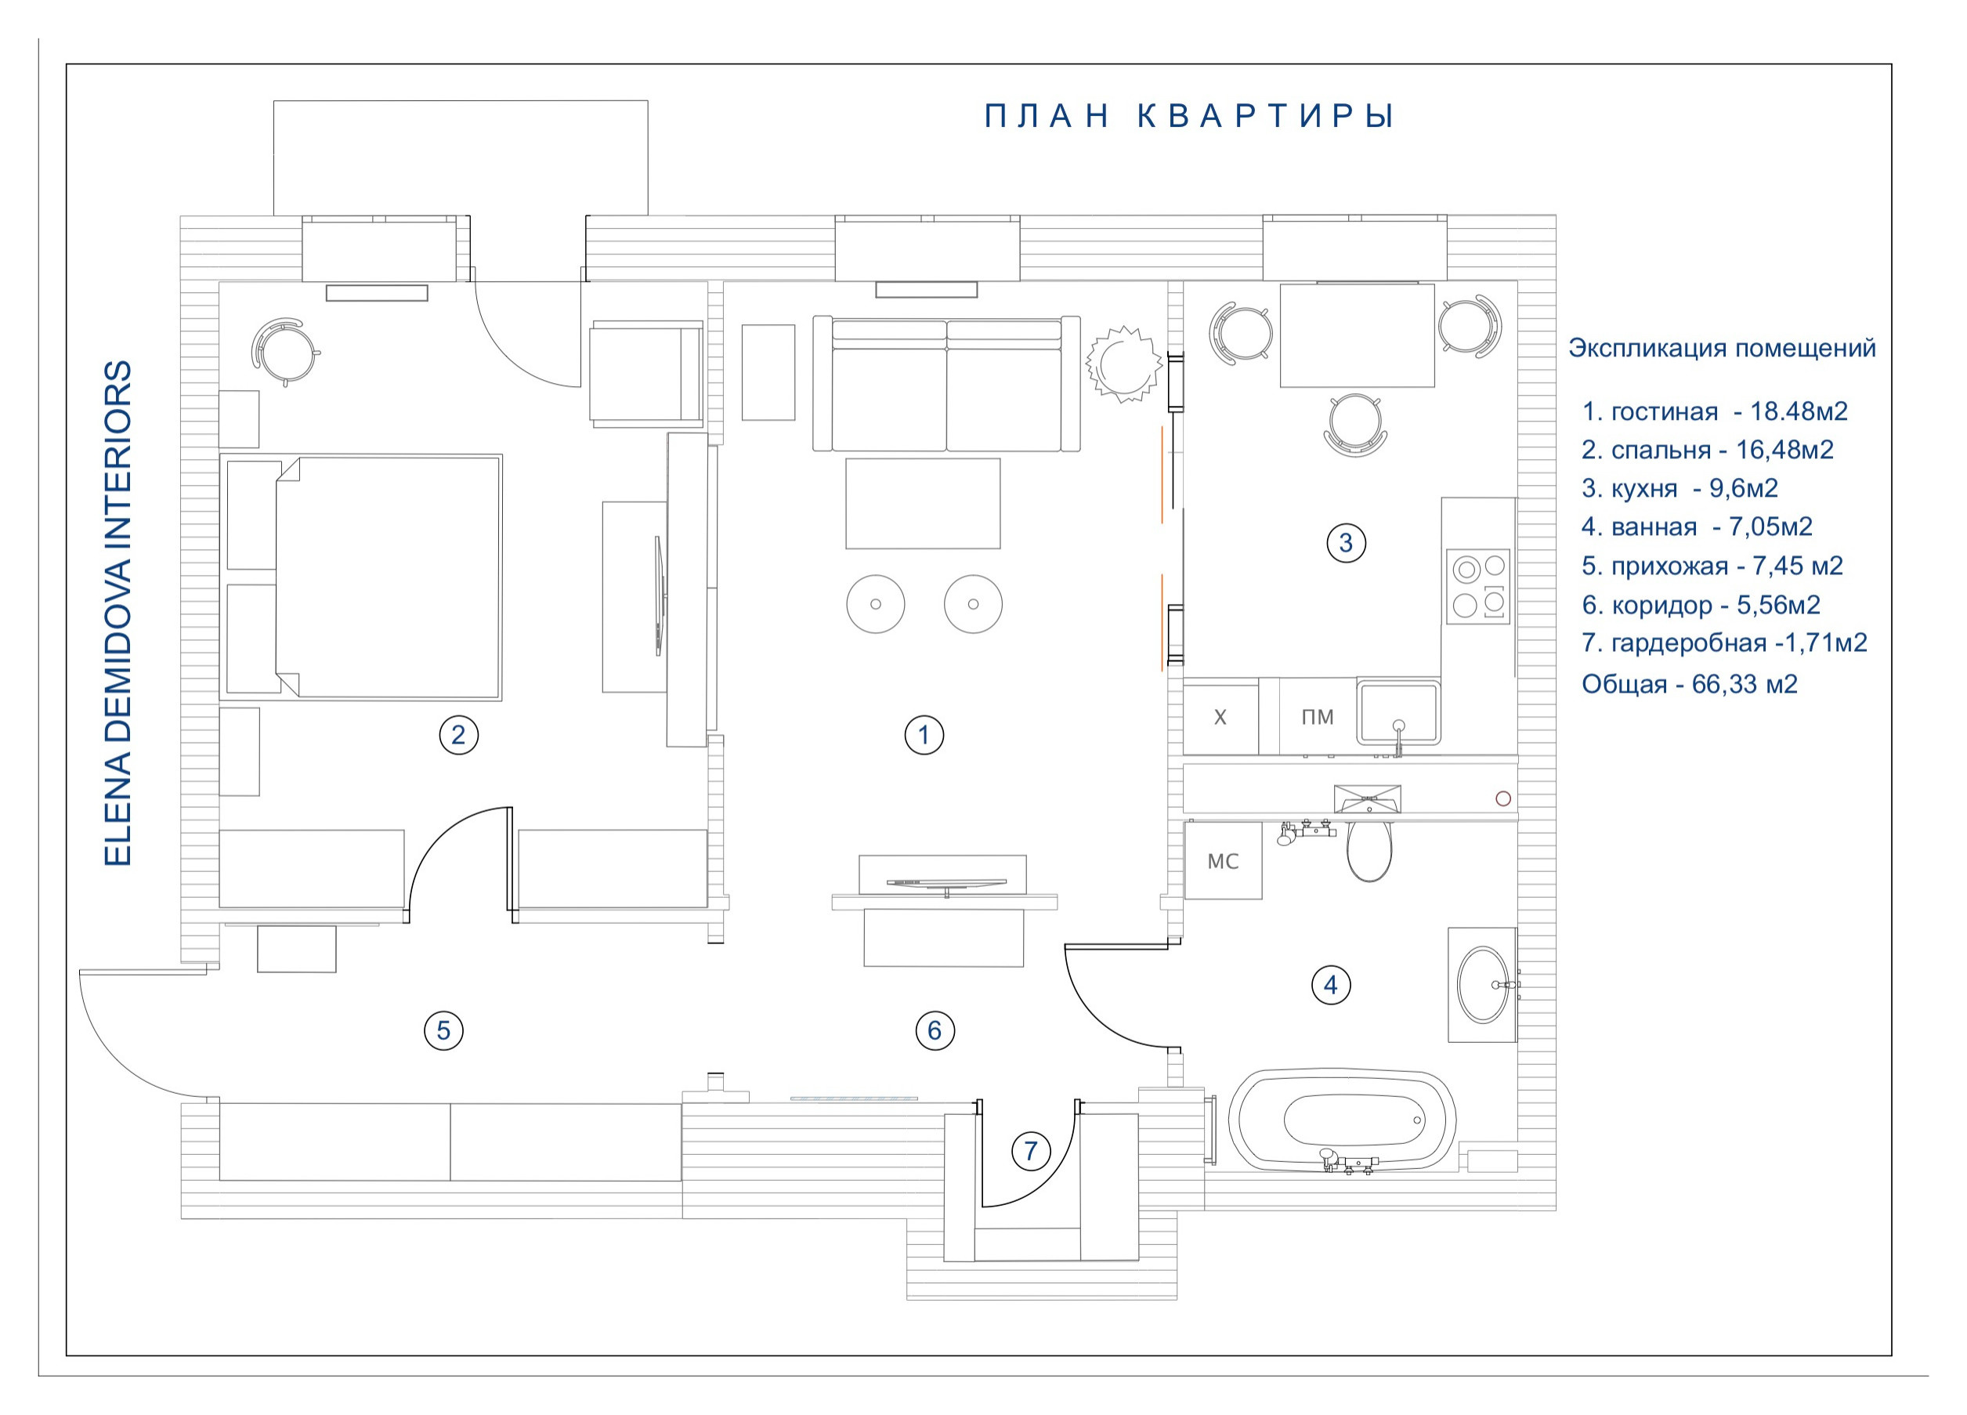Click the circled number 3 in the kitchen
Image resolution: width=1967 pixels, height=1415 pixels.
coord(1345,543)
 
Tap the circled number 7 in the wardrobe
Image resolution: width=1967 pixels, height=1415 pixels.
coord(1030,1151)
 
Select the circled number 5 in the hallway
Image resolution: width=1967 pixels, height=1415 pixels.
coord(443,1030)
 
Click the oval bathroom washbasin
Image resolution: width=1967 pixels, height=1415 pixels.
coord(1483,985)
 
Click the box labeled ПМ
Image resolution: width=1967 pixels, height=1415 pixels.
coord(1318,717)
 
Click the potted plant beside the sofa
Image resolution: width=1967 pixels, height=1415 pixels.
coord(1124,364)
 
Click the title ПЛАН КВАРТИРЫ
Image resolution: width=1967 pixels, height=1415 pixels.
coord(1188,116)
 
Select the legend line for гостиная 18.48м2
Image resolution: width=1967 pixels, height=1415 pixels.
coord(1715,411)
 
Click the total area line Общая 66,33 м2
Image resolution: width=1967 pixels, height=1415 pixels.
coord(1690,685)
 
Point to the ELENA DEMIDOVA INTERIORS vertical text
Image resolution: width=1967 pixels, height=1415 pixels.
coord(118,613)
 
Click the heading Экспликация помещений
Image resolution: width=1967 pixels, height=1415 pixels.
coord(1722,349)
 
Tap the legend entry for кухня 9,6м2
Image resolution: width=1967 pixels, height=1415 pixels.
coord(1680,488)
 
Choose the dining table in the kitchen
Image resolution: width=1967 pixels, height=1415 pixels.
coord(1358,335)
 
